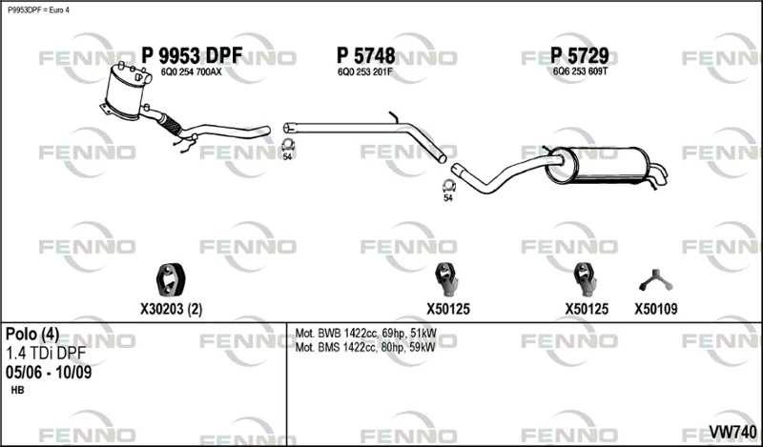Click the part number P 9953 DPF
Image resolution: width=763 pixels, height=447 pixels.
192,56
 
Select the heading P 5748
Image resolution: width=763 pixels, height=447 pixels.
366,56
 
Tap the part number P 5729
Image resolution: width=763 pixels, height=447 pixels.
580,56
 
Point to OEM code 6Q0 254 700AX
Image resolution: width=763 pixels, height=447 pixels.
191,72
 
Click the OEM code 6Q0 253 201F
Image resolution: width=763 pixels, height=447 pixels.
364,72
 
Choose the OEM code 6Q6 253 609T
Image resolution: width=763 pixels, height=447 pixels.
580,72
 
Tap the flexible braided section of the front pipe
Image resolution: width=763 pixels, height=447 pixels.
171,124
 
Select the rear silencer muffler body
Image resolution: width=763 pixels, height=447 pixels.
599,166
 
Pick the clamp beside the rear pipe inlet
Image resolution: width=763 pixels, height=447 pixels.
448,186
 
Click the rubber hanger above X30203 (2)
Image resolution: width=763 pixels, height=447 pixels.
171,279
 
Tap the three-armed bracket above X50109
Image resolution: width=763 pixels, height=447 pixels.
655,281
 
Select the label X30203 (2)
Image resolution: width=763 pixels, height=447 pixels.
171,309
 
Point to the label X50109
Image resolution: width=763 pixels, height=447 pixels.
655,309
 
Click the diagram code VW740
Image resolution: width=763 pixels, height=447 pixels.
732,432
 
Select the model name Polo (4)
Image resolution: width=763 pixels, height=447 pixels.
32,334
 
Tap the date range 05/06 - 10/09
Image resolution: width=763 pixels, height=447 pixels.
49,372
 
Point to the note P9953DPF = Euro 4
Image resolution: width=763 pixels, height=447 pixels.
38,10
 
